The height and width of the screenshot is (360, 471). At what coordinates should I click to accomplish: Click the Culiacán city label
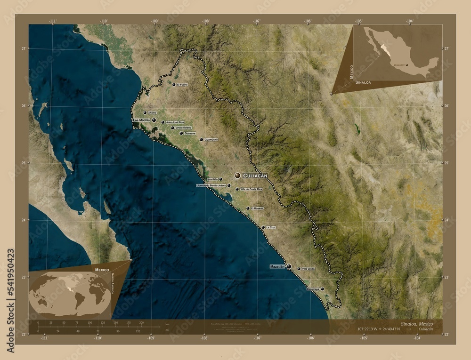tap(255, 175)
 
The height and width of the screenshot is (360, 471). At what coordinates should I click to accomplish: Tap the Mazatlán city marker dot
tap(289, 266)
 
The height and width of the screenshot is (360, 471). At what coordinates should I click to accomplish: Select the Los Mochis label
tap(142, 120)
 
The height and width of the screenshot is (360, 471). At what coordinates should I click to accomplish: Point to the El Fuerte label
tap(182, 85)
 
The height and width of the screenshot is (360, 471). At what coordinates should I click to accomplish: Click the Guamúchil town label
tap(211, 140)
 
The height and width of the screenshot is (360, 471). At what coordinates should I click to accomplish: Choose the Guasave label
tap(190, 133)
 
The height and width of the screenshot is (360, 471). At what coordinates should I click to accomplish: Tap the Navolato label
tap(212, 179)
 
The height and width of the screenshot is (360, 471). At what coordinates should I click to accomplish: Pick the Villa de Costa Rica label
tap(251, 189)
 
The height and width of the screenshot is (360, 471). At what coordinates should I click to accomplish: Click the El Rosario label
tap(257, 208)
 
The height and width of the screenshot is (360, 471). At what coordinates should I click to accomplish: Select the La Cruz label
tap(270, 227)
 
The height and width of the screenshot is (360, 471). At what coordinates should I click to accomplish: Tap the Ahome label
tap(152, 113)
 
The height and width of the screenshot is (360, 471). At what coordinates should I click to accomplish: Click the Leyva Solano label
tap(184, 128)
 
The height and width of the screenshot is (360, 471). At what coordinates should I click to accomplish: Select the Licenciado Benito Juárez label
tap(211, 185)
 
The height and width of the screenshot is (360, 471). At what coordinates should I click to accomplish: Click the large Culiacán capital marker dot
tap(237, 175)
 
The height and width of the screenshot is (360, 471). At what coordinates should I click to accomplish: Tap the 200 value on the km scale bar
tap(141, 323)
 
